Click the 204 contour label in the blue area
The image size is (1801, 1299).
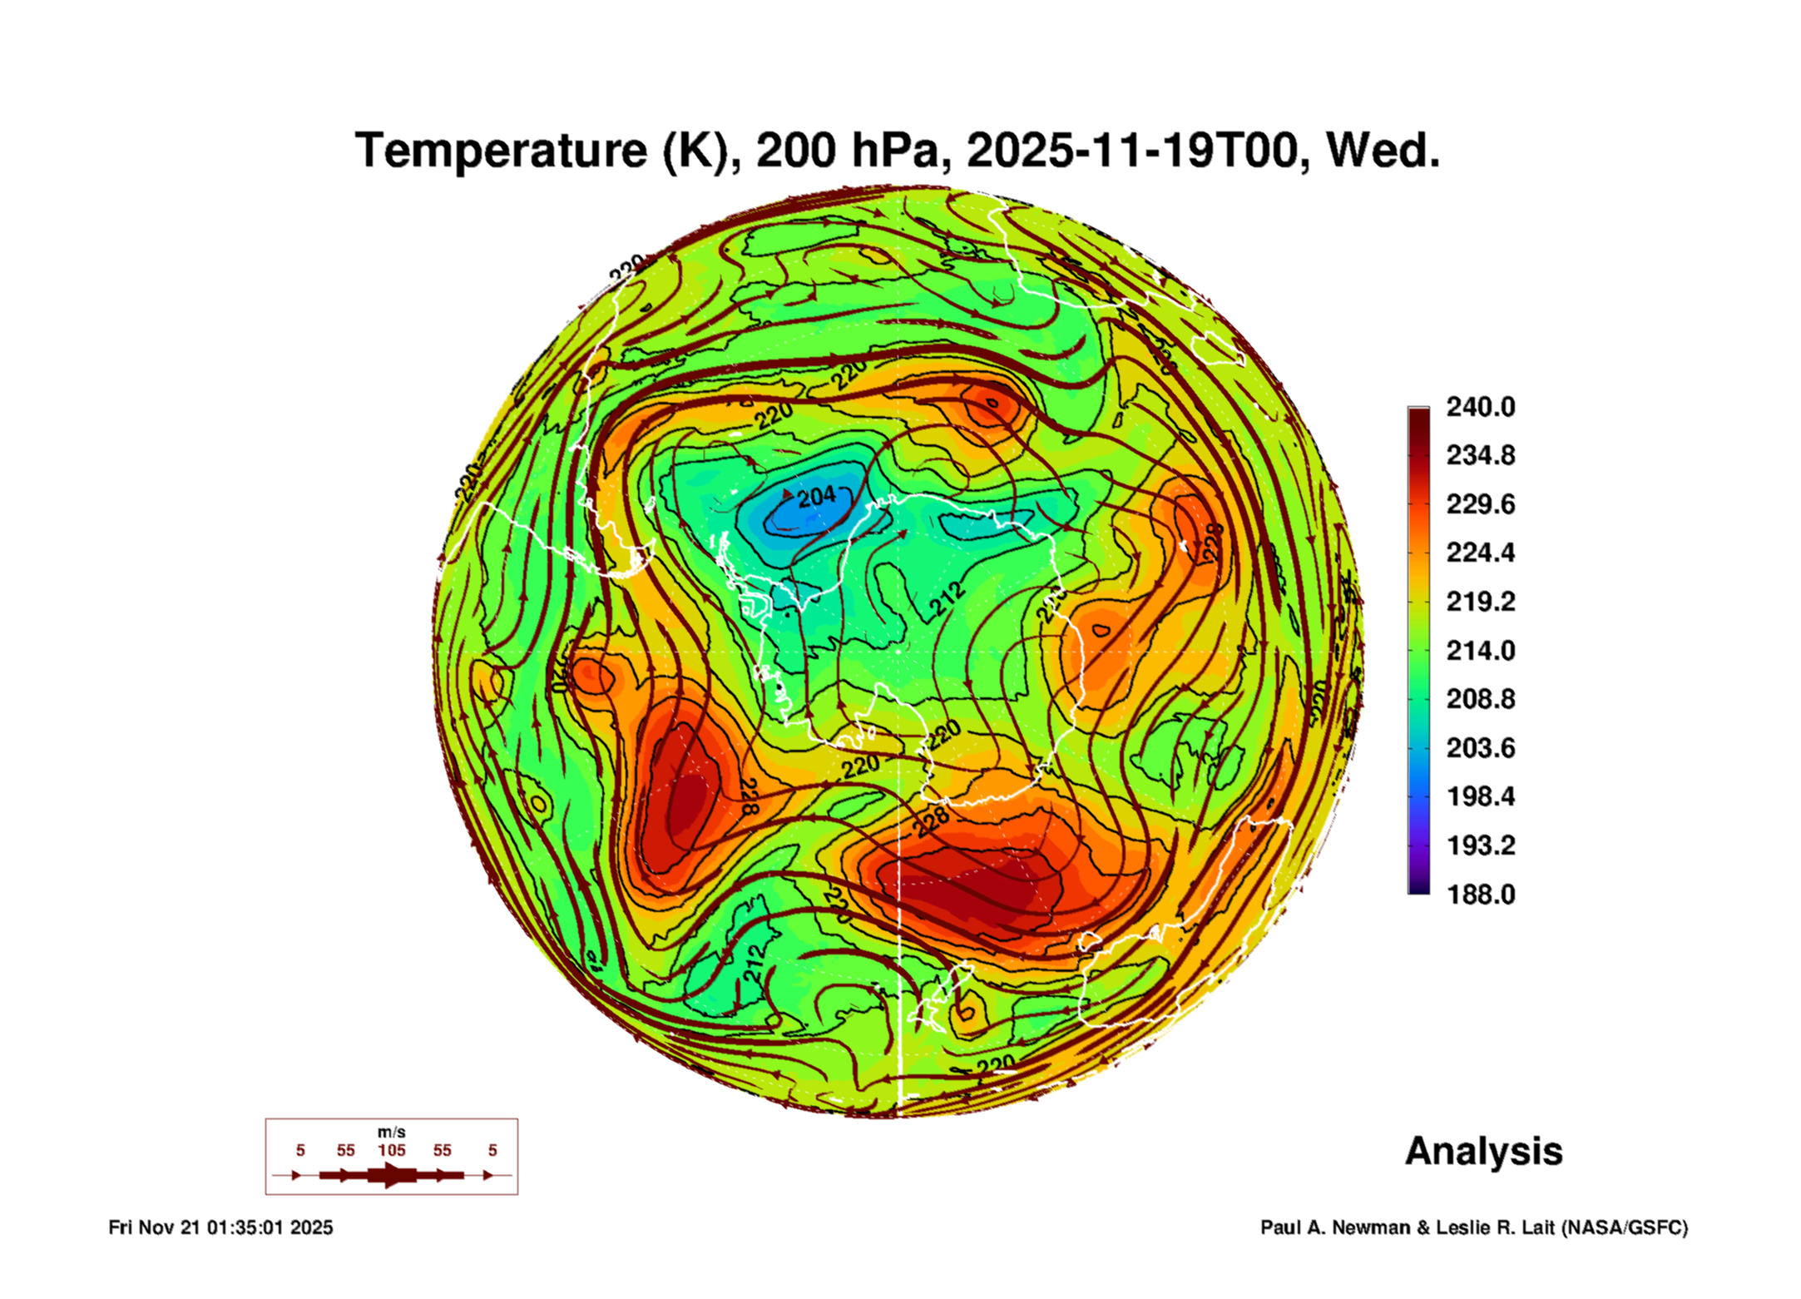coord(816,497)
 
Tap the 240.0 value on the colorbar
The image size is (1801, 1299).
coord(1480,407)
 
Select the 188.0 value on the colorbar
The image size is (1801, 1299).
coord(1480,895)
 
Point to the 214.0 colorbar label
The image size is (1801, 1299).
coord(1480,650)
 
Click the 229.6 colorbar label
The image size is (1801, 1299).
coord(1480,504)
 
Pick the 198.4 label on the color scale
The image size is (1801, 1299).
coord(1480,796)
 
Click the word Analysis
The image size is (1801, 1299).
coord(1483,1151)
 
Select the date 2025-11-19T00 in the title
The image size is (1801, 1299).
coord(1131,151)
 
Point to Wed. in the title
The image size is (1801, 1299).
coord(1382,151)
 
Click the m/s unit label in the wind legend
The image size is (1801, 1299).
coord(391,1132)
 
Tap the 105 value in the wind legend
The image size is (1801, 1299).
coord(391,1150)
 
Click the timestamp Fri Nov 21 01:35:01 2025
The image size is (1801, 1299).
coord(220,1227)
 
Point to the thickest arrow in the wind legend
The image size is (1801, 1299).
coord(391,1175)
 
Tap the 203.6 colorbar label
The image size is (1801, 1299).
coord(1480,748)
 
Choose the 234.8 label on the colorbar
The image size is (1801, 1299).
coord(1480,455)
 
